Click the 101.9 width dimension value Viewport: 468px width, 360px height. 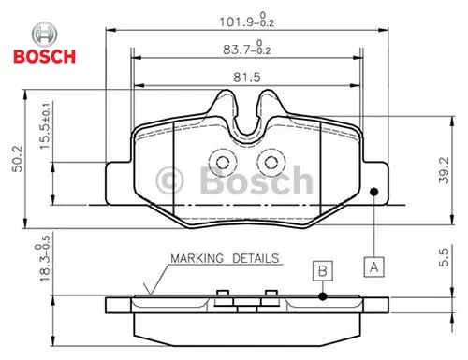246,21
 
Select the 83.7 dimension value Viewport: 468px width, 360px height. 246,48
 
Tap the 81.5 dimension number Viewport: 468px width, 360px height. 247,78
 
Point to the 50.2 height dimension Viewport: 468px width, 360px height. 18,158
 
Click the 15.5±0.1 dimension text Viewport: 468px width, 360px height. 45,125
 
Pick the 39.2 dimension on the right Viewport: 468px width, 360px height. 444,170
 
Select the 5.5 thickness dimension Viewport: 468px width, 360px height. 444,257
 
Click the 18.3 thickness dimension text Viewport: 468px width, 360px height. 43,259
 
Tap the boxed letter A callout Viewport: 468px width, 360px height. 373,267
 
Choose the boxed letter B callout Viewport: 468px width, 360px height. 323,270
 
